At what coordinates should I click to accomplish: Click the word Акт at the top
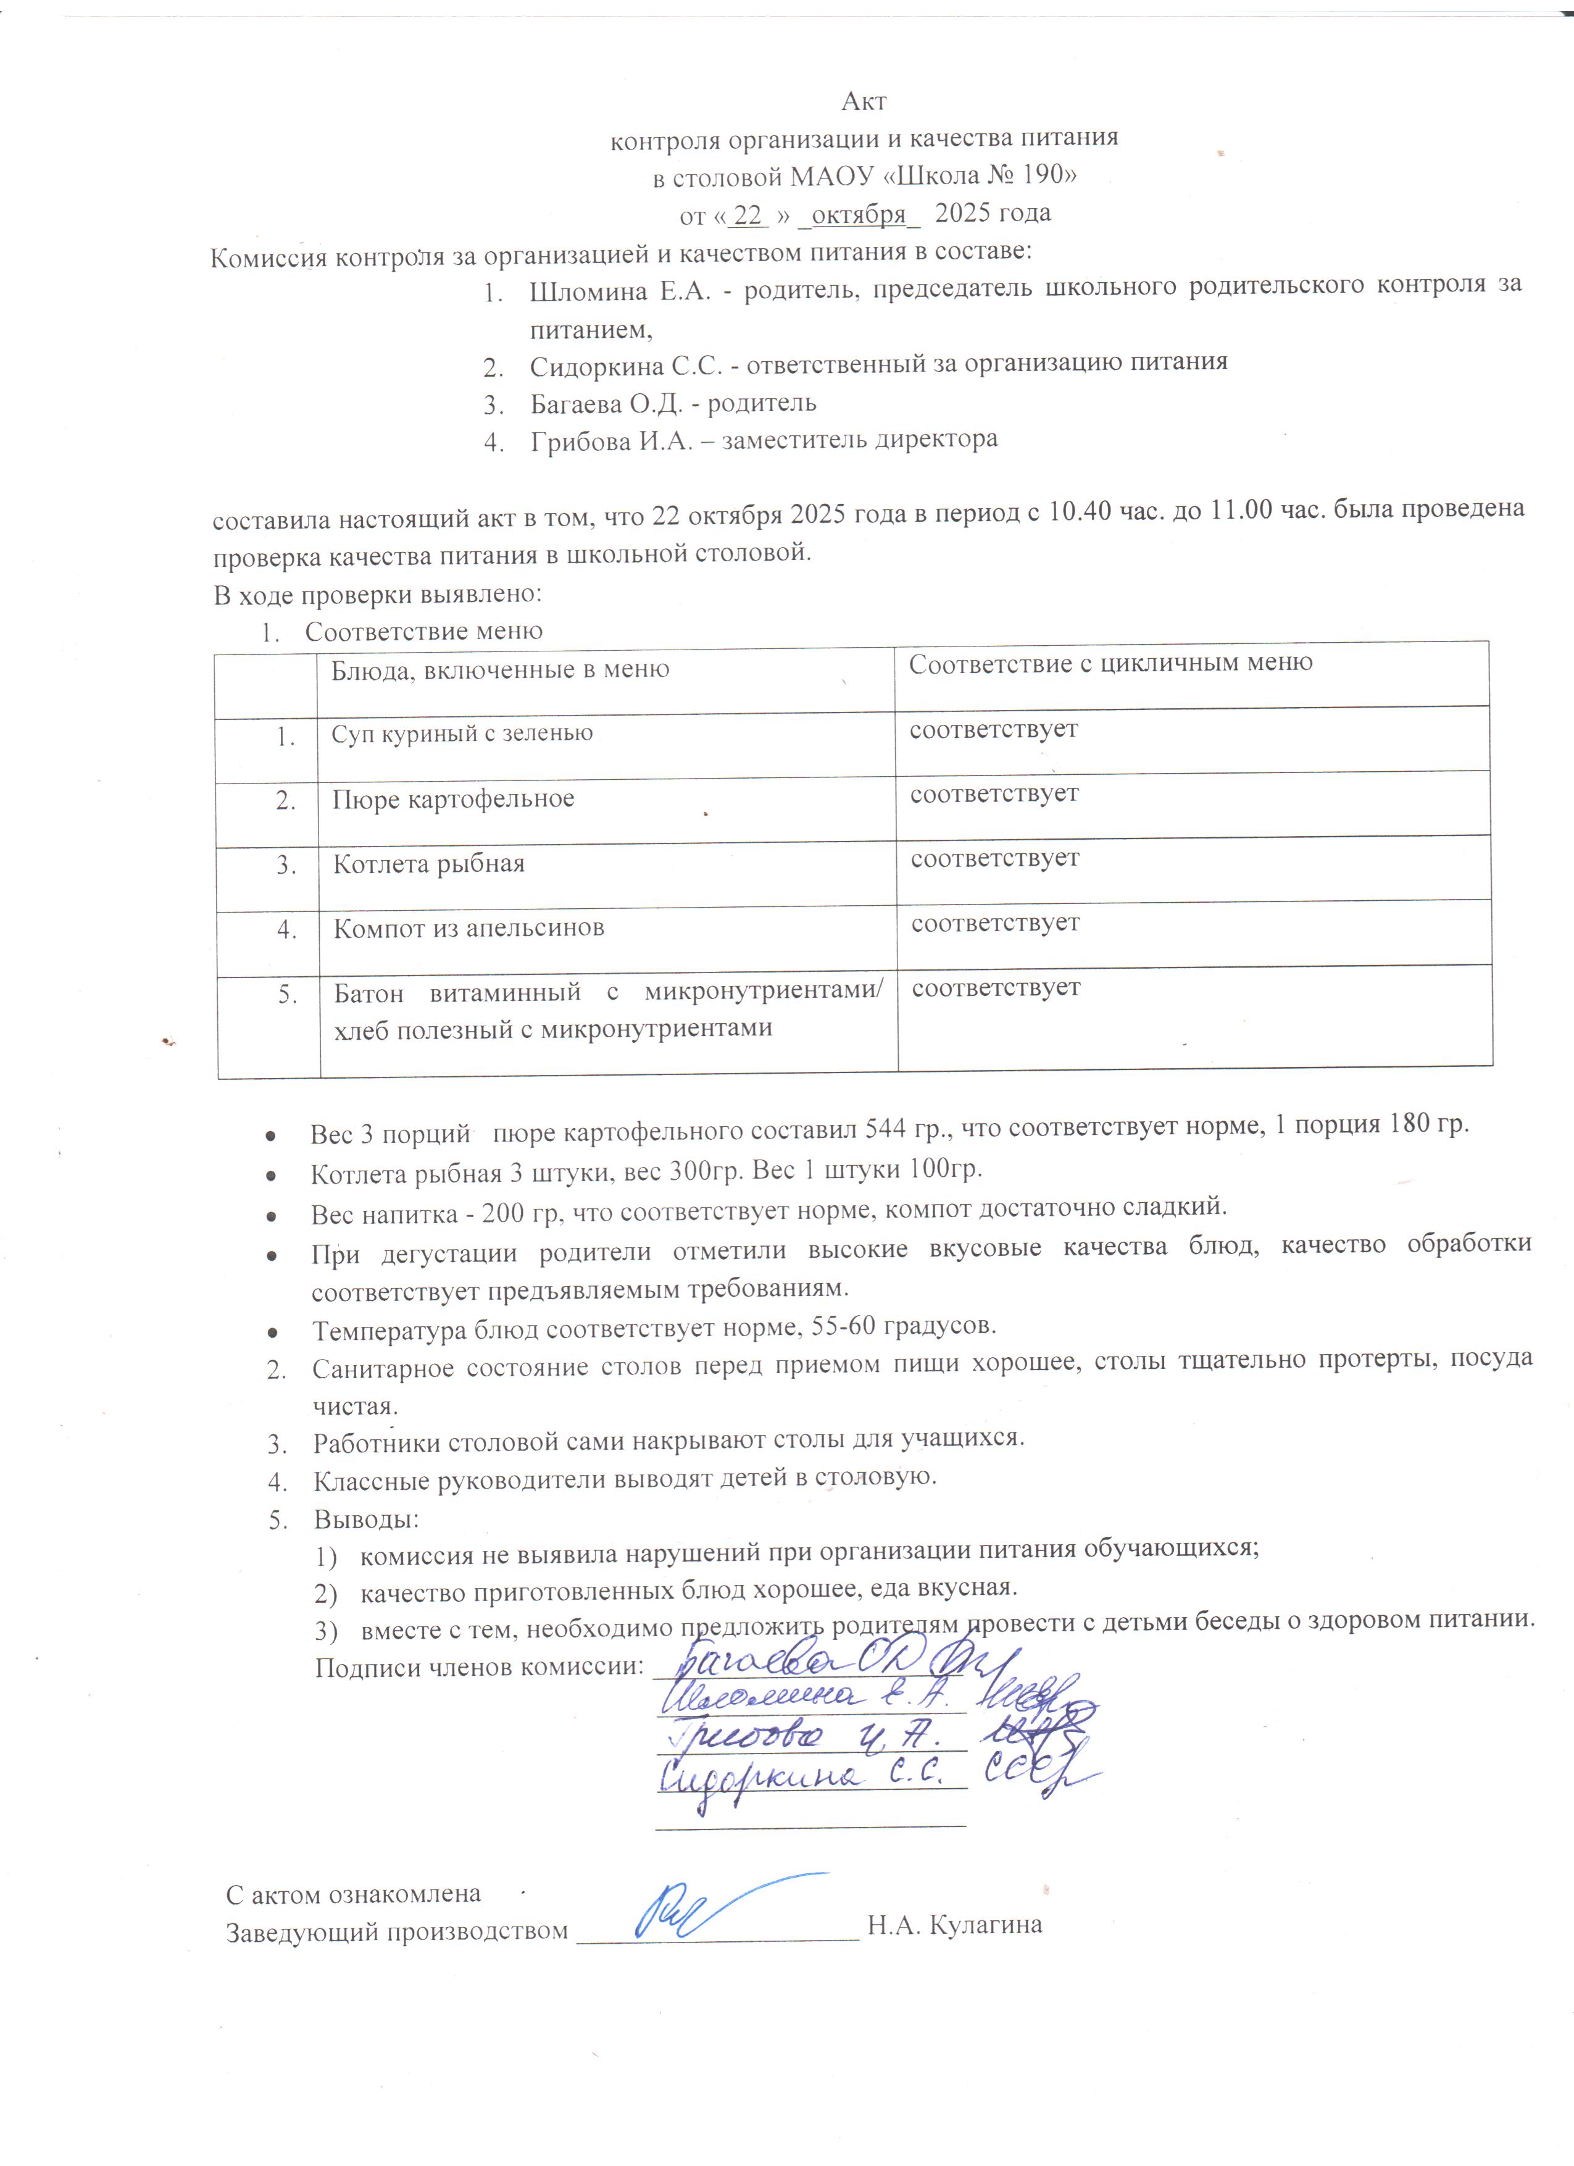(x=864, y=101)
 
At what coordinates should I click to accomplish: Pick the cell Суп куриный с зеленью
(x=462, y=734)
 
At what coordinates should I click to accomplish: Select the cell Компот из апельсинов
(x=468, y=928)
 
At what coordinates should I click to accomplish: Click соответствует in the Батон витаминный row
(x=996, y=987)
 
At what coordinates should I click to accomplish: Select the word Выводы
(x=367, y=1518)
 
